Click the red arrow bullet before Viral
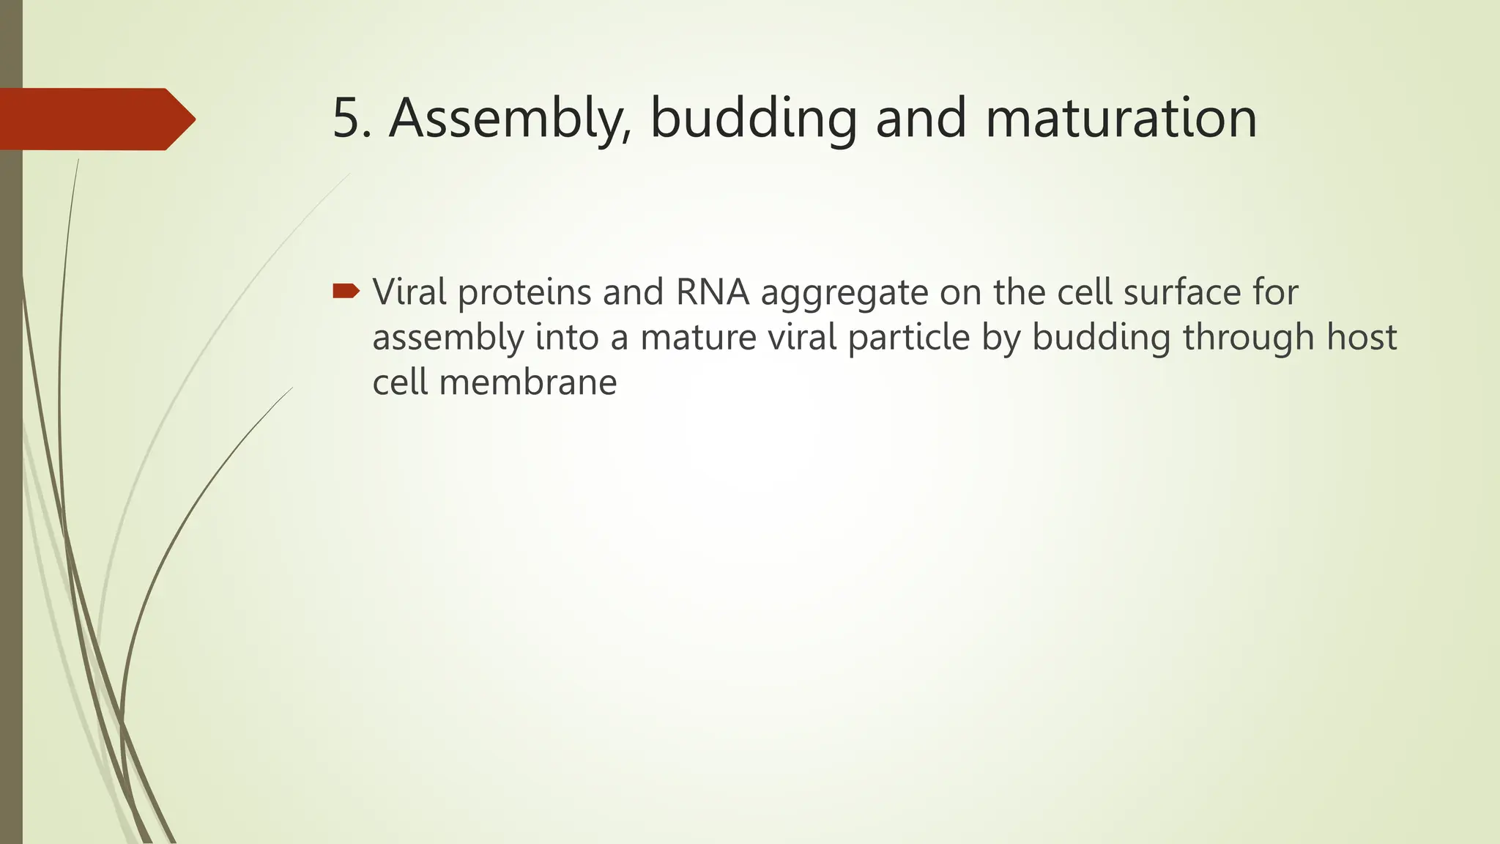pyautogui.click(x=346, y=292)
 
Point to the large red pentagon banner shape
pyautogui.click(x=92, y=119)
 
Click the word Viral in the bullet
pyautogui.click(x=409, y=292)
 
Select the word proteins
pyautogui.click(x=524, y=292)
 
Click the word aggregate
pyautogui.click(x=845, y=295)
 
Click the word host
pyautogui.click(x=1362, y=338)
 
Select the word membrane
pyautogui.click(x=527, y=382)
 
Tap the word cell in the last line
pyautogui.click(x=400, y=382)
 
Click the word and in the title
pyautogui.click(x=921, y=119)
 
